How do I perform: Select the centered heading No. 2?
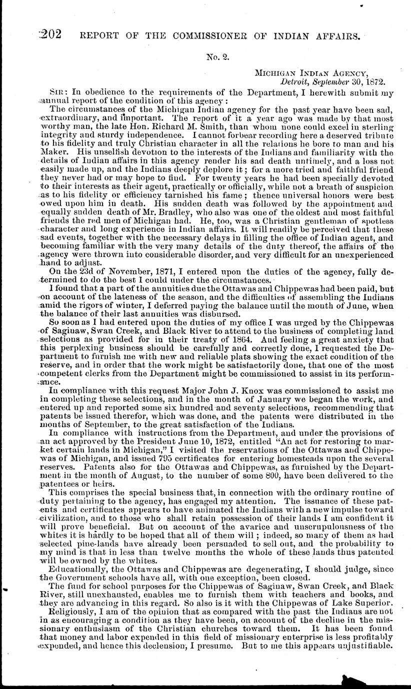[218, 57]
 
